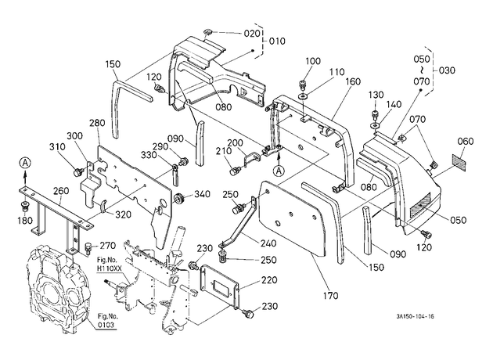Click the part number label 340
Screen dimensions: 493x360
[x=202, y=194]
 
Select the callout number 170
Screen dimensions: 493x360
[x=330, y=296]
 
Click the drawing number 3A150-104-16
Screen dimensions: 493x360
[x=415, y=316]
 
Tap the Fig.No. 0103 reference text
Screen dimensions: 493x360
[x=107, y=320]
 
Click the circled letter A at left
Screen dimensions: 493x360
[x=25, y=163]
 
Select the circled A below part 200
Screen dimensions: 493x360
[x=279, y=171]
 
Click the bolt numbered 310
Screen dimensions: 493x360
[x=77, y=172]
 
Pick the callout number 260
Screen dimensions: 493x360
[x=61, y=191]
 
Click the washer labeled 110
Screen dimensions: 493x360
[x=304, y=95]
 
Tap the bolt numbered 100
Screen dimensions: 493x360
[x=303, y=85]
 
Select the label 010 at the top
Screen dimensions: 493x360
[x=277, y=41]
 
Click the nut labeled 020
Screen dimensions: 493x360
[x=207, y=32]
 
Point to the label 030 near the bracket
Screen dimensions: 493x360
[x=447, y=70]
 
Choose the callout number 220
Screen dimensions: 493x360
[x=269, y=280]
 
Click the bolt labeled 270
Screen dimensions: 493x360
[x=88, y=249]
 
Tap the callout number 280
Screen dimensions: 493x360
[x=97, y=123]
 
